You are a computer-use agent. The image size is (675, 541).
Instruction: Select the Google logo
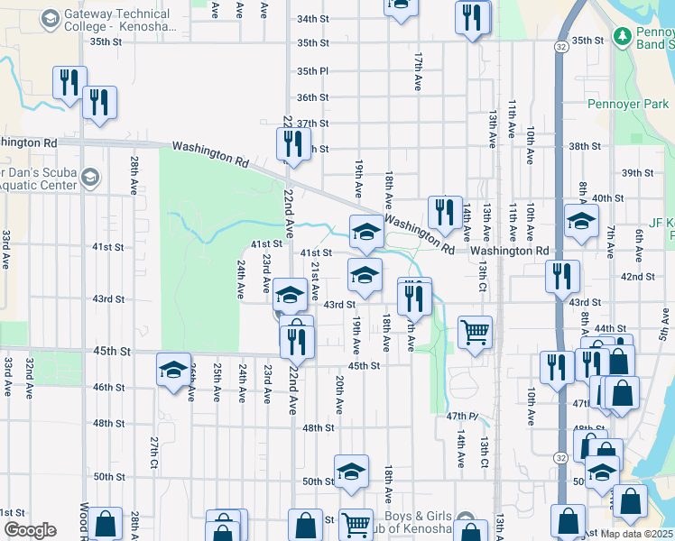[x=30, y=530]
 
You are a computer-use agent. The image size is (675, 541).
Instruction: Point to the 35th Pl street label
[x=312, y=71]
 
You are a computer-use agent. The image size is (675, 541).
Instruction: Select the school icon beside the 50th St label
[x=352, y=470]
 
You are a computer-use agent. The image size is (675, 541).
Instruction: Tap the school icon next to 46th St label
[x=173, y=369]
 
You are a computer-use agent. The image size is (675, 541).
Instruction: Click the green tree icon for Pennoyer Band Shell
[x=622, y=36]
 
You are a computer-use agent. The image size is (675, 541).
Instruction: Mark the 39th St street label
[x=637, y=173]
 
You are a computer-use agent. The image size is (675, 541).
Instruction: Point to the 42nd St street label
[x=637, y=277]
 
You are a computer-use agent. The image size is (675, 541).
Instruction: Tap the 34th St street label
[x=312, y=19]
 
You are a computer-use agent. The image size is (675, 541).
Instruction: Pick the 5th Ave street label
[x=664, y=330]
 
